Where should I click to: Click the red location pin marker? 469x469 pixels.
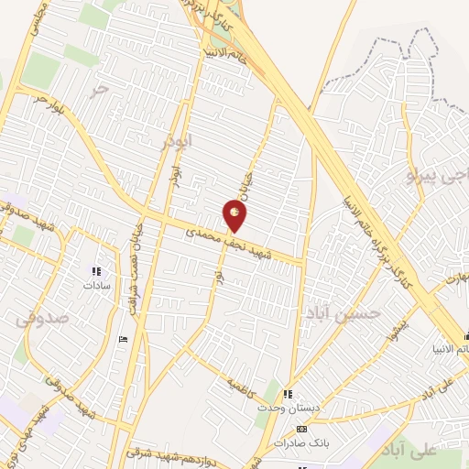[x=235, y=216]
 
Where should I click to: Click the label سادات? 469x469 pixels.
[x=95, y=286]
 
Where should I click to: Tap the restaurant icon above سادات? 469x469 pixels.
[x=95, y=271]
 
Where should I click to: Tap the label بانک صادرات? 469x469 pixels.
[x=300, y=442]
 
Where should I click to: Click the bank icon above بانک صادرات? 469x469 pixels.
[x=301, y=428]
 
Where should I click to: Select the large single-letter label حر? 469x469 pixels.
[x=101, y=90]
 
